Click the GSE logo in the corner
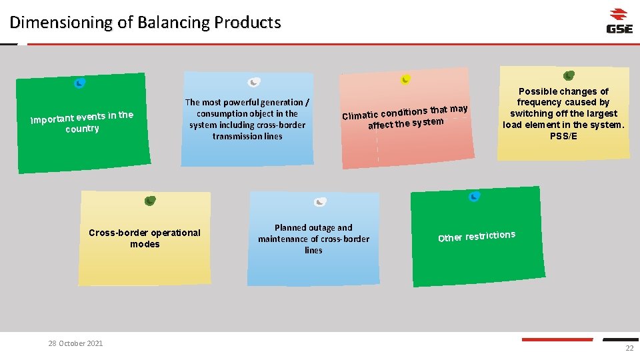pyautogui.click(x=619, y=21)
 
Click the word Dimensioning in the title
pyautogui.click(x=61, y=23)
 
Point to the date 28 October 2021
pyautogui.click(x=75, y=343)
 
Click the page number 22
pyautogui.click(x=629, y=349)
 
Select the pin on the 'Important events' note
pyautogui.click(x=79, y=83)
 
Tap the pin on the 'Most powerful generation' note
pyautogui.click(x=254, y=83)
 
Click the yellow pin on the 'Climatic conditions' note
pyautogui.click(x=405, y=79)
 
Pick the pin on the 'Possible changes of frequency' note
pyautogui.click(x=569, y=75)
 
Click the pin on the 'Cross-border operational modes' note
pyautogui.click(x=150, y=201)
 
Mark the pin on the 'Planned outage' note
pyautogui.click(x=320, y=202)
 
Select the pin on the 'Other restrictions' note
pyautogui.click(x=474, y=196)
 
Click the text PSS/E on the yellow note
pyautogui.click(x=564, y=137)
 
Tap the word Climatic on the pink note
pyautogui.click(x=360, y=115)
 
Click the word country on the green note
pyautogui.click(x=82, y=129)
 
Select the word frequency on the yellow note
pyautogui.click(x=538, y=103)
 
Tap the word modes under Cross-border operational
pyautogui.click(x=145, y=245)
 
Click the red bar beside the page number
pyautogui.click(x=557, y=339)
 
